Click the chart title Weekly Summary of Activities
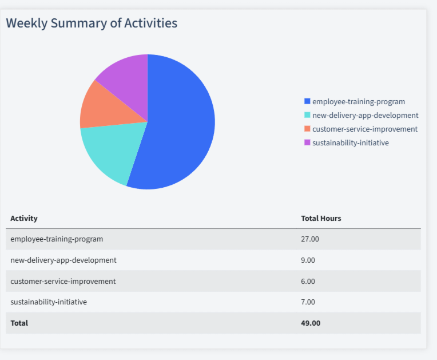point(92,23)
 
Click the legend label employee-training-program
point(358,102)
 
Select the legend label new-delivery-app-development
point(365,116)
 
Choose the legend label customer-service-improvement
point(364,129)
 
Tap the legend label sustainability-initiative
point(350,143)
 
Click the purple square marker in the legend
point(307,143)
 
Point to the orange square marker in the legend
point(307,129)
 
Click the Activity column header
point(24,219)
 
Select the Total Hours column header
point(321,219)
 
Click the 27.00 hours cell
point(310,239)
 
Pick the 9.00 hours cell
point(308,260)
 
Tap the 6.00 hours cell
point(308,282)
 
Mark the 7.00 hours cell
point(308,302)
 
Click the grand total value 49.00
point(311,323)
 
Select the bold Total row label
point(19,323)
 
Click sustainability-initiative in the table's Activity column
point(49,302)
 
